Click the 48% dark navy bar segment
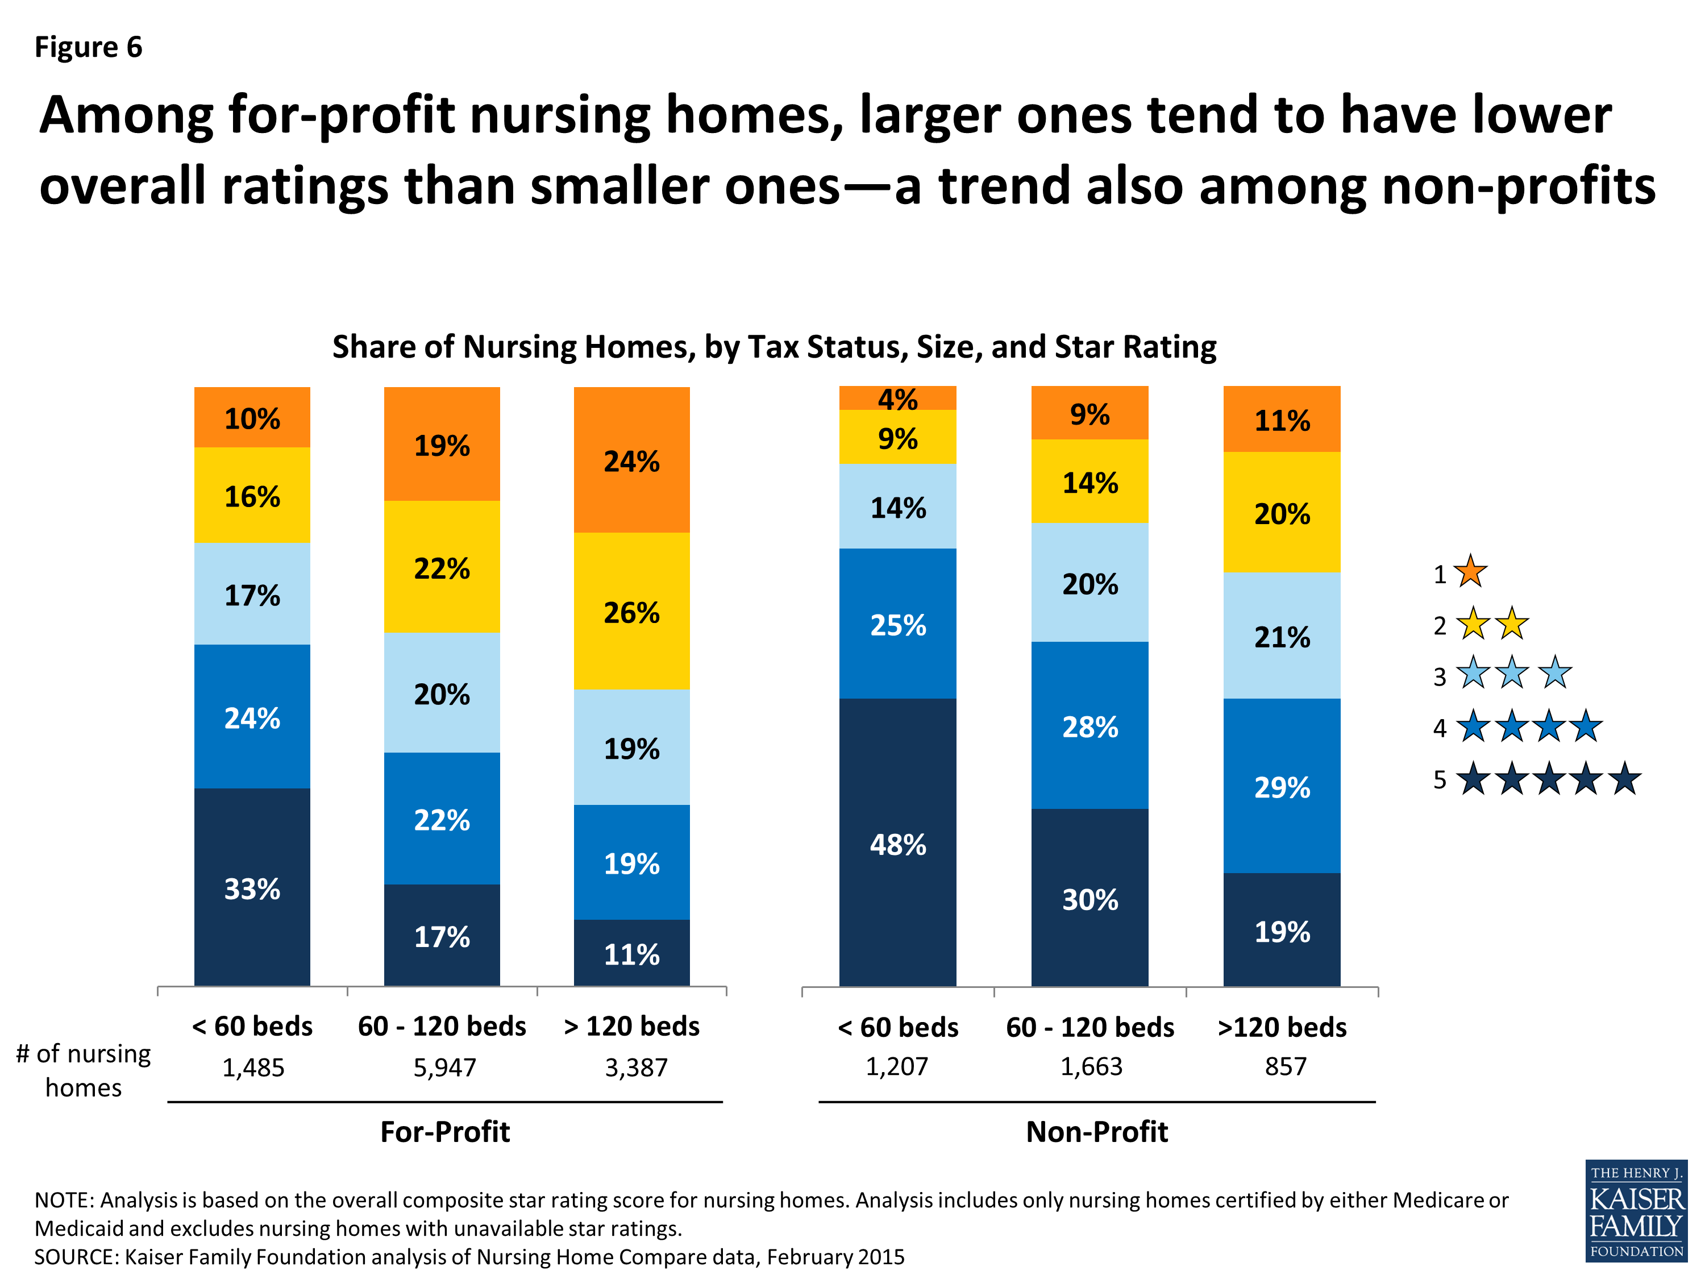click(x=897, y=844)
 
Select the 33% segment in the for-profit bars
click(x=252, y=887)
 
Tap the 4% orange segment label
click(x=897, y=398)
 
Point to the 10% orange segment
click(x=252, y=418)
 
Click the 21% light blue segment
click(x=1281, y=636)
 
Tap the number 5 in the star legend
click(x=1439, y=779)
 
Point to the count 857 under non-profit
click(x=1285, y=1066)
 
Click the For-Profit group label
click(x=445, y=1131)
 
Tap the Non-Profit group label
click(x=1096, y=1131)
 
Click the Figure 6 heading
click(x=89, y=47)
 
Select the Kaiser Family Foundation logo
click(x=1636, y=1210)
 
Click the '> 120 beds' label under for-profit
click(x=631, y=1026)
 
